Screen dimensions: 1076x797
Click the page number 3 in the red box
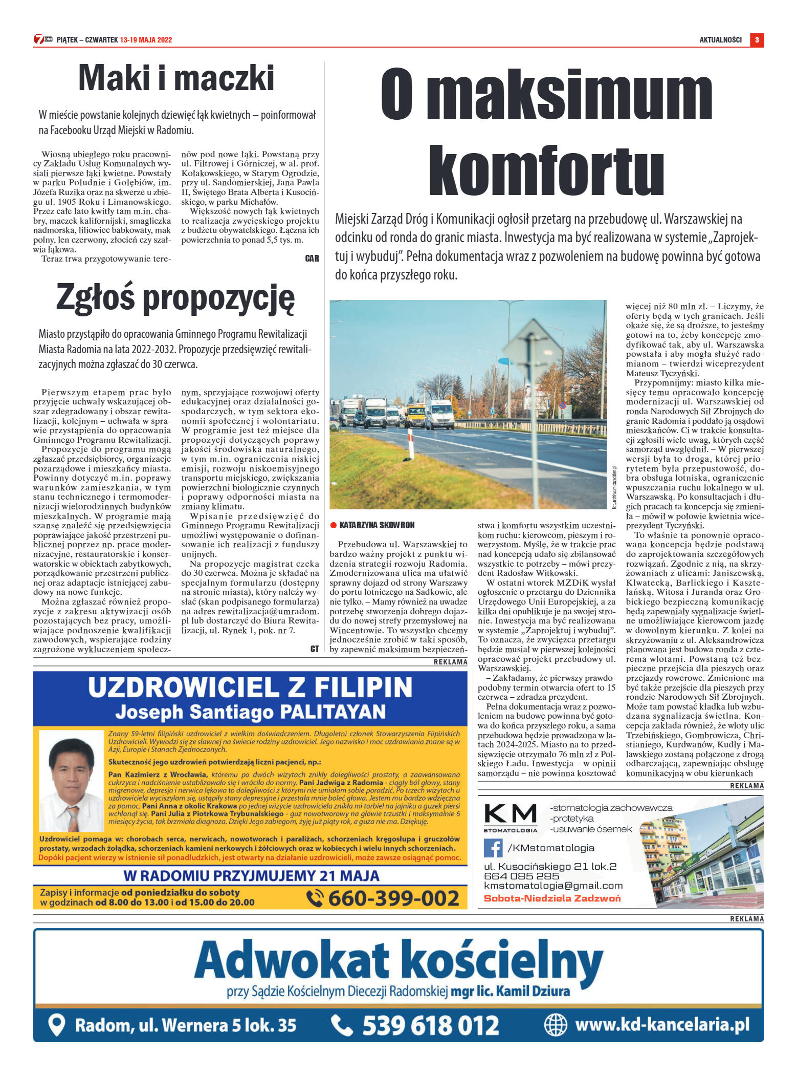tap(757, 40)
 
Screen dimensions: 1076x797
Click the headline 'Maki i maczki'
tap(176, 78)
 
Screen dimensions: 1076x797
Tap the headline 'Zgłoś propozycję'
tap(175, 298)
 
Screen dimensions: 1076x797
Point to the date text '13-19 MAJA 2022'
tap(146, 40)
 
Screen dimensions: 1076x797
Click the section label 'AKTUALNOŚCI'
tap(720, 40)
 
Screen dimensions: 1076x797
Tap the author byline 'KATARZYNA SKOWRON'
tap(377, 525)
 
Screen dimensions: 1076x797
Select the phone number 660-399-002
tap(393, 898)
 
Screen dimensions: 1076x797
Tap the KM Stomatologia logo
tap(510, 817)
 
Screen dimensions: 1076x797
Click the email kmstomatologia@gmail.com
tap(554, 886)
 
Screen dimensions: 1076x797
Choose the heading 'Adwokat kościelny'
tap(398, 961)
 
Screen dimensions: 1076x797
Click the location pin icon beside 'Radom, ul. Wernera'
tap(56, 1025)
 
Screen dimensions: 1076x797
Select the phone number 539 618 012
tap(430, 1026)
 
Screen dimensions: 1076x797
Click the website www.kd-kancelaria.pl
tap(661, 1025)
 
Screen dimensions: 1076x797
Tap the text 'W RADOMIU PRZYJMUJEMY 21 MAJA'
tap(251, 876)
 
